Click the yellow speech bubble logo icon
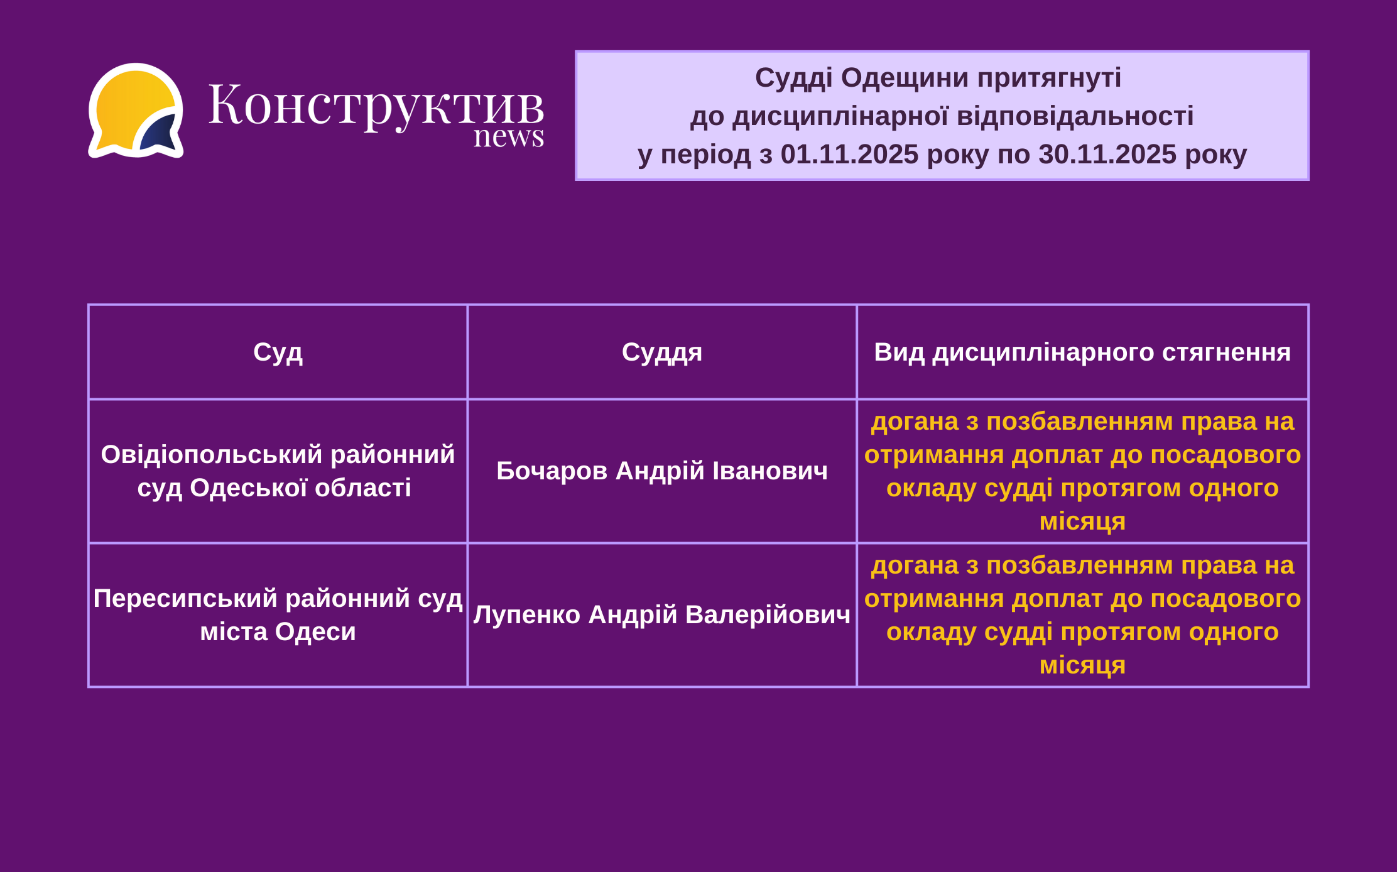coord(136,111)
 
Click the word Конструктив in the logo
coord(376,105)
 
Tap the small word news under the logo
coord(509,136)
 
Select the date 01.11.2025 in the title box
coord(849,154)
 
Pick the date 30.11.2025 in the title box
coord(1107,154)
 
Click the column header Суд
coord(278,352)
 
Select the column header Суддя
coord(662,352)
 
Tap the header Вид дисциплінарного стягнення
coord(1082,352)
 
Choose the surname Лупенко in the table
coord(527,614)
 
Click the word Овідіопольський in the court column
coord(212,454)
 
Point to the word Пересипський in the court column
coord(185,599)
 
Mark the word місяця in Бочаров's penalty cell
coord(1082,521)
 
